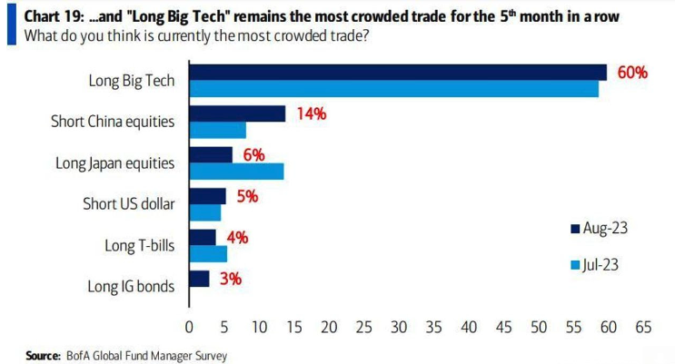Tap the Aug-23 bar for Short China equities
pyautogui.click(x=237, y=113)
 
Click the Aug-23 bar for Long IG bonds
pyautogui.click(x=199, y=278)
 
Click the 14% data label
pyautogui.click(x=310, y=113)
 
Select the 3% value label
pyautogui.click(x=230, y=278)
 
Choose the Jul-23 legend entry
pyautogui.click(x=599, y=265)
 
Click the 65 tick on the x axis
pyautogui.click(x=643, y=326)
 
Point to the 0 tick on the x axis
pyautogui.click(x=189, y=326)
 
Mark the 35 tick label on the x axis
pyautogui.click(x=433, y=326)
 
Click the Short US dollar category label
pyautogui.click(x=128, y=203)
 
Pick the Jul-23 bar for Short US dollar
pyautogui.click(x=205, y=212)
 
